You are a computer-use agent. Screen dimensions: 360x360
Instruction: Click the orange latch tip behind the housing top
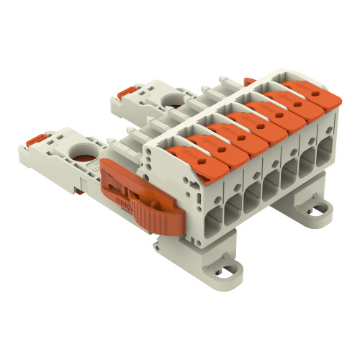(250, 82)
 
